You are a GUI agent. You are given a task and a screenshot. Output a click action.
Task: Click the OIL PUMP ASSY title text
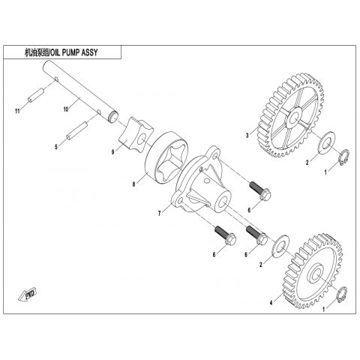click(x=61, y=52)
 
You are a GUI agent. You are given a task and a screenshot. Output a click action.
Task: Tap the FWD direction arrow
click(x=28, y=295)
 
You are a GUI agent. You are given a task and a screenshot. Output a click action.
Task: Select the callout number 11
click(x=17, y=111)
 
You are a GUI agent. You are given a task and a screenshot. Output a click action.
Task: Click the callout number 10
click(x=66, y=109)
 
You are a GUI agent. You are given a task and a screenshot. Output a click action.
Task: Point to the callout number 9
click(x=113, y=151)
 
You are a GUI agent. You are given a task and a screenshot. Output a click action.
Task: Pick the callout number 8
click(x=134, y=184)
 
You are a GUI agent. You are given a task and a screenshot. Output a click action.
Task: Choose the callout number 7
click(x=159, y=213)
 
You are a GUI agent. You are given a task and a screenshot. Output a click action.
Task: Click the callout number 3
click(x=247, y=136)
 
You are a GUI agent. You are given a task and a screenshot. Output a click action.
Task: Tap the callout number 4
click(x=271, y=303)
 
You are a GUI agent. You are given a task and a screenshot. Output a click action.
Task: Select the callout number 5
click(x=56, y=147)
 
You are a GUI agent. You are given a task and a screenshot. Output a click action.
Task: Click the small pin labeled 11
click(x=35, y=95)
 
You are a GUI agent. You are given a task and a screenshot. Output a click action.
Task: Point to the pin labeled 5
click(x=76, y=130)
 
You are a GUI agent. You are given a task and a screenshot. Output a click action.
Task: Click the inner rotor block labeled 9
click(x=136, y=135)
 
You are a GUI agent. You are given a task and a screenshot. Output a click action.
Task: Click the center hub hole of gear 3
click(x=293, y=117)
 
